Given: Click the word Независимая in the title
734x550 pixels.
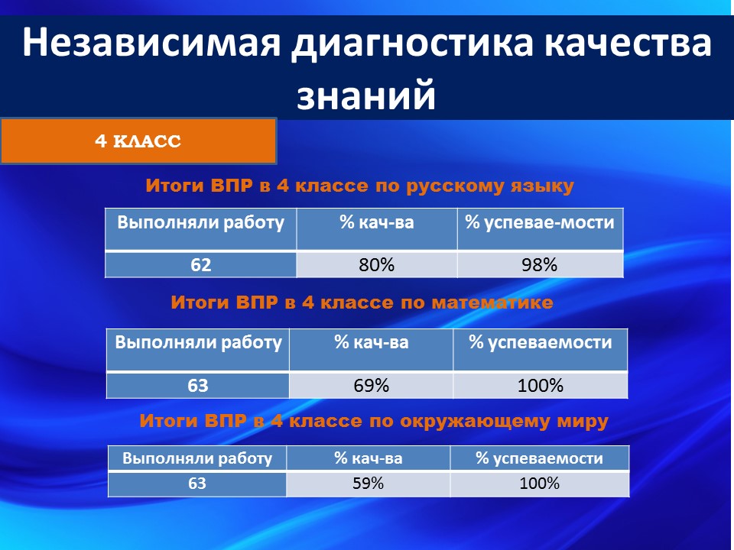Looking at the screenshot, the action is pos(151,42).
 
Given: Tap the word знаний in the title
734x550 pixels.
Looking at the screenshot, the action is pos(366,94).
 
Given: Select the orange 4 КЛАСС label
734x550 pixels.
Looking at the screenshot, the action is pos(138,141).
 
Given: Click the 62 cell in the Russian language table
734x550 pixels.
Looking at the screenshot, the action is pos(201,265).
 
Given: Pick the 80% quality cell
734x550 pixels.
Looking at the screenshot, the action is pos(377,265).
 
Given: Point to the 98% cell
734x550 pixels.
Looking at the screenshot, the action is pos(540,265).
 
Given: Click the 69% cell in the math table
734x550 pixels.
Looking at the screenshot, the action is pos(372,385).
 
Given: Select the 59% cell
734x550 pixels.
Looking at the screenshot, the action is pos(368,483).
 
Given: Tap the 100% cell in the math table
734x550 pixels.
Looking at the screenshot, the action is pos(541,385).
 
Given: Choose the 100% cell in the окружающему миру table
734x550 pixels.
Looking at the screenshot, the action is pos(539,483).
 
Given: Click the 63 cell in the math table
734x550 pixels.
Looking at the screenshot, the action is pos(197,385).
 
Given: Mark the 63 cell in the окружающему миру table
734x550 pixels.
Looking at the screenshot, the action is pos(197,483).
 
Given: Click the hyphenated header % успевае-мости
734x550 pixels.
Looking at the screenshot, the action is pos(540,222).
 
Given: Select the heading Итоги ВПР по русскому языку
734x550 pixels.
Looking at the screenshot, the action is pos(359,186).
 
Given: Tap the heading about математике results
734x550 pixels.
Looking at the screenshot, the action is pos(362,302).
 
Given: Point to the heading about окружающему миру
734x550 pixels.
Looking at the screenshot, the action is pos(374,421).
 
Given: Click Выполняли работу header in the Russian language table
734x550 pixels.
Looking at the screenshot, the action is pos(201,222).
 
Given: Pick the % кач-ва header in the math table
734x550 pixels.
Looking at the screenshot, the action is pos(372,342).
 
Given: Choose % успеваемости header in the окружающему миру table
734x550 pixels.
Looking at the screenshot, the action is pos(539,458).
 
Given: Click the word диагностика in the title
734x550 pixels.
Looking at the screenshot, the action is pos(412,43).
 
